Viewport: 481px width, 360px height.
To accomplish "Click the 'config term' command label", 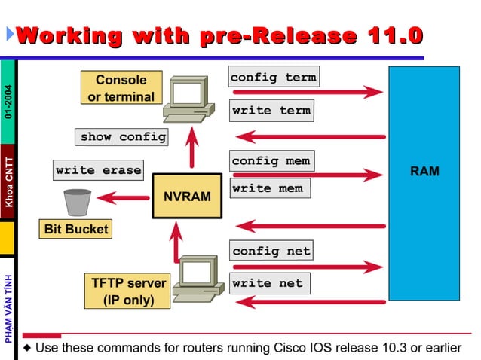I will (273, 78).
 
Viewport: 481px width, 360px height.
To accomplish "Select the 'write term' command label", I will (271, 111).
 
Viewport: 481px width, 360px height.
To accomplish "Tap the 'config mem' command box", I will (270, 161).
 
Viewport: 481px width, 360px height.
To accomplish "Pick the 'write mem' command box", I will (267, 188).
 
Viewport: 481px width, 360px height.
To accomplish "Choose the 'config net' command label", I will (271, 251).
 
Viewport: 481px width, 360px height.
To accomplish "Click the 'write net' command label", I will (267, 283).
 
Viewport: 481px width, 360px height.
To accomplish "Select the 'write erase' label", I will (98, 170).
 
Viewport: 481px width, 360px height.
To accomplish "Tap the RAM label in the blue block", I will (424, 172).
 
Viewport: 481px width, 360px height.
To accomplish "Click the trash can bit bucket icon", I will (77, 201).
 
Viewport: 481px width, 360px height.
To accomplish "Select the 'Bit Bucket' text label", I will (75, 229).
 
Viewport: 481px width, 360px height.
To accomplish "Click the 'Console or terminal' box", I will (121, 88).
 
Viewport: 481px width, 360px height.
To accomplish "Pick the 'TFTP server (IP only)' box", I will (128, 291).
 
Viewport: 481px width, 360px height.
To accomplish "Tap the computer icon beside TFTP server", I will (199, 279).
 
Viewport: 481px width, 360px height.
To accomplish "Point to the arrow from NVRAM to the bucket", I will (123, 198).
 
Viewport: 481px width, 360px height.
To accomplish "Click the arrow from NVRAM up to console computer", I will (192, 147).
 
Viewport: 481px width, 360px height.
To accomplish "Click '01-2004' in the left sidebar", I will (8, 105).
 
